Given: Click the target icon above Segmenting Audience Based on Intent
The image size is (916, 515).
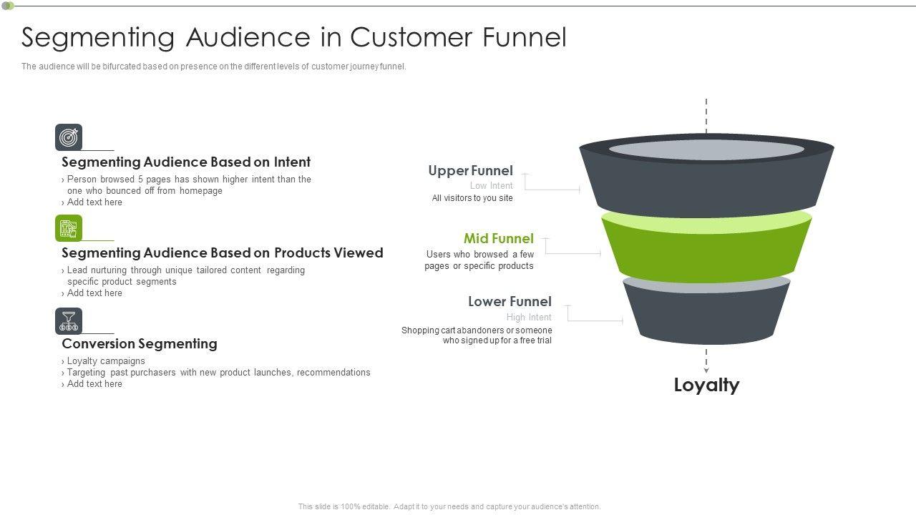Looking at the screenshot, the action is click(69, 137).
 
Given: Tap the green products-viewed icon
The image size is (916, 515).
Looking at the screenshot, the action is click(69, 228).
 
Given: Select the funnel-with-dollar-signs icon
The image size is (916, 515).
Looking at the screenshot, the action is click(69, 321).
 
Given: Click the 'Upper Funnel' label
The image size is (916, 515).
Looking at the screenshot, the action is click(470, 170).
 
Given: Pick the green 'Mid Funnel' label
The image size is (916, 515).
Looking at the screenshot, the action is click(499, 238).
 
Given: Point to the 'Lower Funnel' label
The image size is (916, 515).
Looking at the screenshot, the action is click(510, 302).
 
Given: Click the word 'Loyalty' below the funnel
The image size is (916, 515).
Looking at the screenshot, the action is click(706, 385).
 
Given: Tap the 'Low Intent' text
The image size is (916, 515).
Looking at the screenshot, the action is click(491, 185).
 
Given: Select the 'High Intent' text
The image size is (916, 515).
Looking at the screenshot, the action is click(529, 317).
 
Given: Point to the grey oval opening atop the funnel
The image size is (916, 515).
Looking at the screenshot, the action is click(706, 149).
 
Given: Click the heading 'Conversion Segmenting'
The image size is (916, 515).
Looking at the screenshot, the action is click(140, 344).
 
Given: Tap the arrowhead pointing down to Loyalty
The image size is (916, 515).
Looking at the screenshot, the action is click(706, 371).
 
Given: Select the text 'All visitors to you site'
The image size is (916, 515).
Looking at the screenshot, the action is click(472, 198).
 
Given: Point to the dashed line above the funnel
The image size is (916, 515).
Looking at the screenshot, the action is click(706, 116).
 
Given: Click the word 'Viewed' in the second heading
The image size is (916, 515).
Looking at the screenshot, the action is click(358, 253).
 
